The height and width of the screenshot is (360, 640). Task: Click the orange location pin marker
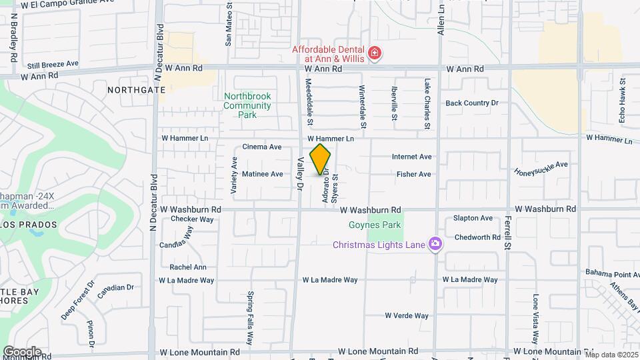click(320, 159)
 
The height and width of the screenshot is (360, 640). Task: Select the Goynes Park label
click(383, 225)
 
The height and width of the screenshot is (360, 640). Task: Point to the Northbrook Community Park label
click(247, 105)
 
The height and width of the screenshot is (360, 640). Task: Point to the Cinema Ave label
click(262, 147)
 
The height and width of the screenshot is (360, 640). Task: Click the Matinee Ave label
click(263, 174)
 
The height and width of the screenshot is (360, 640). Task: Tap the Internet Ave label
click(411, 157)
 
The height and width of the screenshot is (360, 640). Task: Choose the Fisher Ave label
click(413, 175)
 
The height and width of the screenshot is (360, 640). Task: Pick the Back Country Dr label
click(472, 103)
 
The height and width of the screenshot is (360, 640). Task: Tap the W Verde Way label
click(406, 315)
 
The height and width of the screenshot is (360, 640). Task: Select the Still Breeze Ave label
click(53, 65)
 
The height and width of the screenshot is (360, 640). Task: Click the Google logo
click(22, 351)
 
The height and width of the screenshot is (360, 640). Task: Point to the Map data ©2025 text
click(611, 355)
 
